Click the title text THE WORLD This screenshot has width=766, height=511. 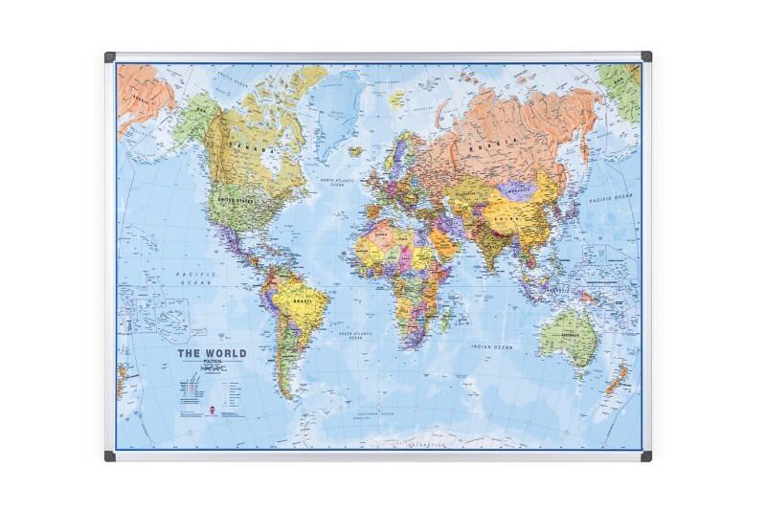211,353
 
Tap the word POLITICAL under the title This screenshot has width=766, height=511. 211,364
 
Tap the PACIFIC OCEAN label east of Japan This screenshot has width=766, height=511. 611,197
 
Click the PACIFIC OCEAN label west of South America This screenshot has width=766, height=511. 196,278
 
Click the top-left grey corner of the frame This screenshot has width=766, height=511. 109,56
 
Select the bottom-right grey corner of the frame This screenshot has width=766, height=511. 647,456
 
